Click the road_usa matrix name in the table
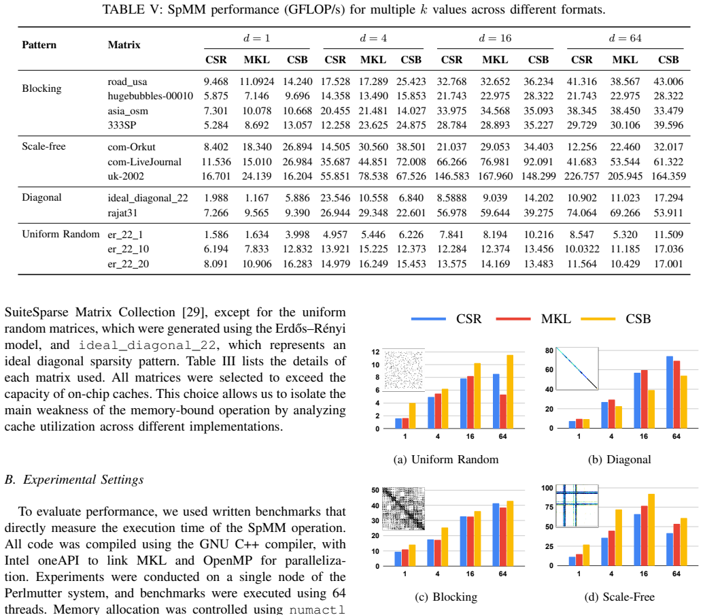tap(127, 82)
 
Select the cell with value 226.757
tap(581, 176)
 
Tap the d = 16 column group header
tap(495, 38)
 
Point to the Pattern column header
tap(39, 45)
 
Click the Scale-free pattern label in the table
tap(44, 147)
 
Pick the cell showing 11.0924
tap(257, 82)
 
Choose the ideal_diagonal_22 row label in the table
tap(148, 198)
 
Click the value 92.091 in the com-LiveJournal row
tap(538, 162)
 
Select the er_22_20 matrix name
tap(128, 264)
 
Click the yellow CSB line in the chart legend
tap(598, 319)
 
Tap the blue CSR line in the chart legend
tap(428, 319)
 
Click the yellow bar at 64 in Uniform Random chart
tap(510, 392)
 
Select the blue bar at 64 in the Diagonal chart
tap(670, 393)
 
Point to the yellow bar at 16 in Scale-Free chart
tap(651, 530)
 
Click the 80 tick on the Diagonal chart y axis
tap(549, 350)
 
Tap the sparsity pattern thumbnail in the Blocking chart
tap(403, 509)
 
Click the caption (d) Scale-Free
tap(619, 597)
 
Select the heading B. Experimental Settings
tap(74, 480)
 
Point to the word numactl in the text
tap(318, 610)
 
